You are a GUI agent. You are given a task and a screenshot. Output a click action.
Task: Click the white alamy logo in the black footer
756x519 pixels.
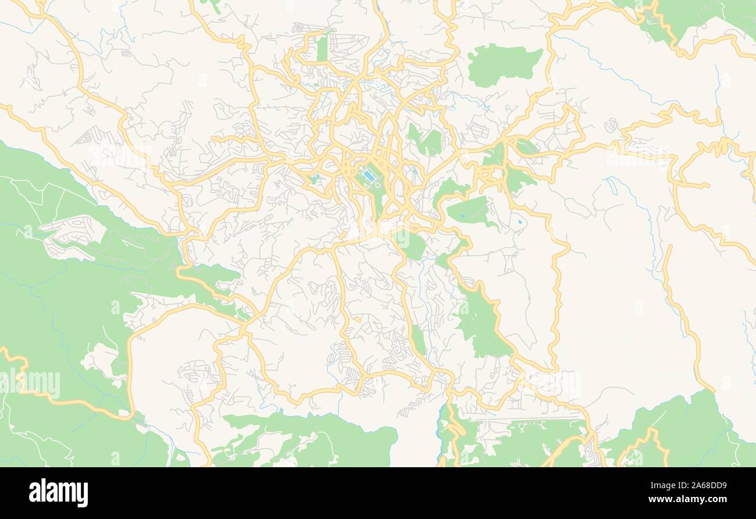tap(59, 492)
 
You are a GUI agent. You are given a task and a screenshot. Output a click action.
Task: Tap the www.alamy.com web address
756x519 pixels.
tap(686, 500)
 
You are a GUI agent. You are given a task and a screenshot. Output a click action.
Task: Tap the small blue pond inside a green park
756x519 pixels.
tap(462, 216)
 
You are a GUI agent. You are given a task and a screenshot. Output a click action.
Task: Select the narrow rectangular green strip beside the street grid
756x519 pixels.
tap(322, 48)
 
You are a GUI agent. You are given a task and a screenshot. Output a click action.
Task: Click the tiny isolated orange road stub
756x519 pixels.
tap(357, 319)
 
